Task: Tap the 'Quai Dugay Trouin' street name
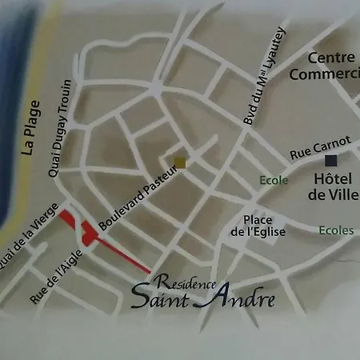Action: tap(62, 128)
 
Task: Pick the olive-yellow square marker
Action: tap(180, 162)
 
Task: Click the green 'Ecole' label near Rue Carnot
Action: tap(273, 180)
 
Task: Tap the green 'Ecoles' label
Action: tap(335, 230)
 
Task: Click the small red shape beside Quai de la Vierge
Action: tap(69, 218)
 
